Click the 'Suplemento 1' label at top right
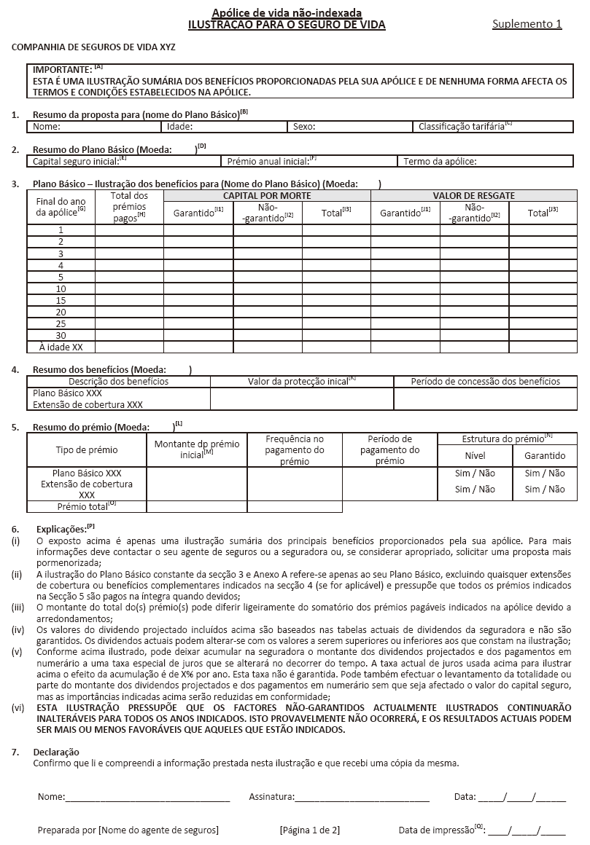[527, 24]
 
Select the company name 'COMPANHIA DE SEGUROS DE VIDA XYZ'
[93, 47]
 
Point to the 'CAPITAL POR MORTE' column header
[267, 196]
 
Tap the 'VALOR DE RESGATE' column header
[473, 196]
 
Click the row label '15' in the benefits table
[61, 301]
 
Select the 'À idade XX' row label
[61, 347]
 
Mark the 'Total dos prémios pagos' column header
[130, 207]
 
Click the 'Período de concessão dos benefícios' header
[485, 381]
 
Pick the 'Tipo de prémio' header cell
[87, 450]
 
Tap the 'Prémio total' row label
[86, 506]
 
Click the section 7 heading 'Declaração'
[56, 752]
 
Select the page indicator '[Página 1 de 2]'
[309, 830]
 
